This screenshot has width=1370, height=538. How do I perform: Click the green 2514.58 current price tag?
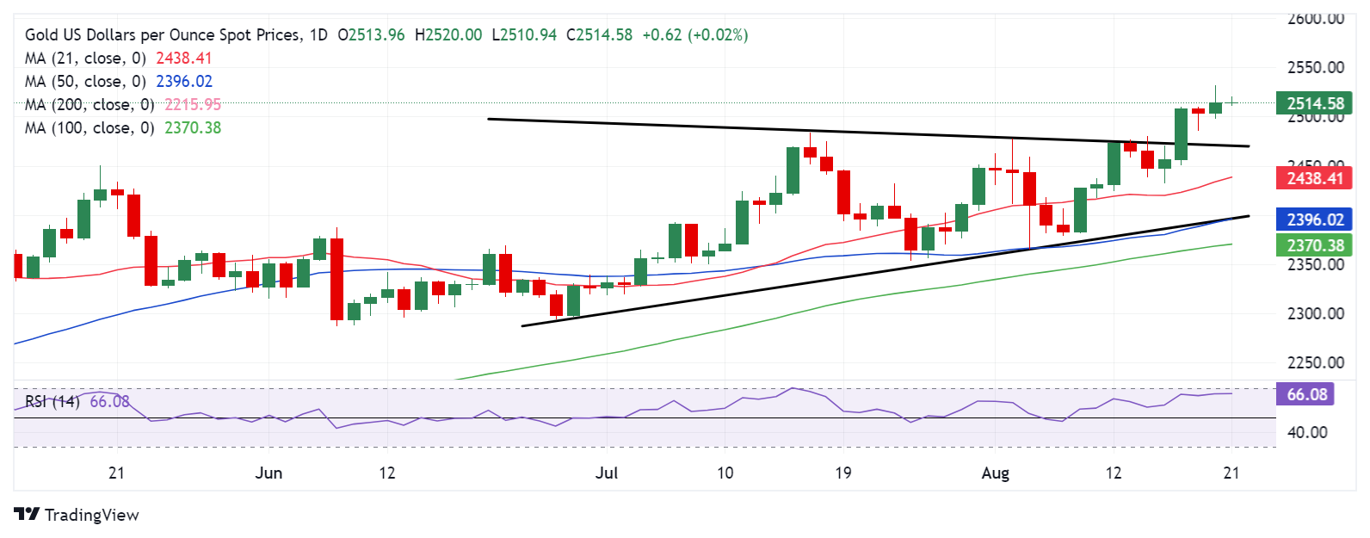(x=1315, y=104)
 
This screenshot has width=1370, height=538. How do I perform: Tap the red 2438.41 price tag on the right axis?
(x=1315, y=179)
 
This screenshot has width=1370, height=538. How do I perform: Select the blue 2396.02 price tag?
(x=1315, y=220)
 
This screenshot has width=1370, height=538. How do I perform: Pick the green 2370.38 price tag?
(x=1315, y=246)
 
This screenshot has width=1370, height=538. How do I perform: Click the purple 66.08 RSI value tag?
(x=1306, y=395)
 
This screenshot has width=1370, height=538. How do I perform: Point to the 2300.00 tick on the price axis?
(x=1315, y=314)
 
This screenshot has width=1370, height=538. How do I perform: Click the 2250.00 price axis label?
(x=1315, y=363)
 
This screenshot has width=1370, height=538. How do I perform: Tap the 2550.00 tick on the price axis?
(x=1315, y=68)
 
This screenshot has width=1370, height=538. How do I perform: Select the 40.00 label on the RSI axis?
(x=1306, y=433)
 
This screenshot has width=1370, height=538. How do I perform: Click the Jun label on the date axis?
(x=268, y=473)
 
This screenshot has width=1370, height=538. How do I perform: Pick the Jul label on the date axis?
(x=607, y=473)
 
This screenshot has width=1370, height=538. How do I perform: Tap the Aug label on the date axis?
(x=995, y=473)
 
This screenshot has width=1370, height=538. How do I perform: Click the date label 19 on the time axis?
(x=842, y=473)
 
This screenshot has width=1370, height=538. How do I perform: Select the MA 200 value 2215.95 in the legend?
(x=193, y=105)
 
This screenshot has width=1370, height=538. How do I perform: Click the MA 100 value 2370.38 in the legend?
(x=193, y=128)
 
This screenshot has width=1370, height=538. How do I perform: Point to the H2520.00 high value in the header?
(x=448, y=35)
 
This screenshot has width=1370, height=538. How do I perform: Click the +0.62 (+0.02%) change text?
(x=695, y=35)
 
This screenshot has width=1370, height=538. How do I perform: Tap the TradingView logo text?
(x=91, y=515)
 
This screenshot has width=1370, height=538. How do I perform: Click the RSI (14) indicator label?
(x=52, y=402)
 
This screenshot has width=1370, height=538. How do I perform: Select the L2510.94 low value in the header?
(x=524, y=35)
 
